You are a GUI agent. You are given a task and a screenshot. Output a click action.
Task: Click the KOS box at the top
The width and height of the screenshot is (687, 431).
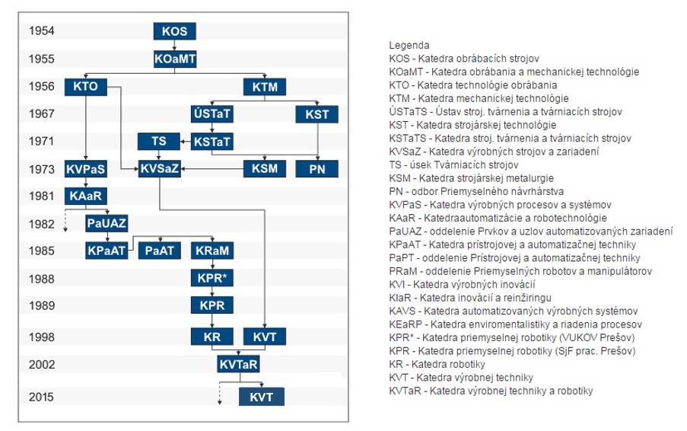pos(174,31)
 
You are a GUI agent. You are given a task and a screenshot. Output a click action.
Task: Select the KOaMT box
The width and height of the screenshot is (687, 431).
pos(175,59)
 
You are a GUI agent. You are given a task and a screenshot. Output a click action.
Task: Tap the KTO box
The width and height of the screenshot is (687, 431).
pos(85,86)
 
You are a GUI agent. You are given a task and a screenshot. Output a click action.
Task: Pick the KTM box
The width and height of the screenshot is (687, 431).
pos(265,87)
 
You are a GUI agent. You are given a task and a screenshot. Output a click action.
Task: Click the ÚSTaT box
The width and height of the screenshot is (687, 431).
pos(212,114)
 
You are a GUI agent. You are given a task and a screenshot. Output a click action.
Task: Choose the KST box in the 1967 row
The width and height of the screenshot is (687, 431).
pos(316,114)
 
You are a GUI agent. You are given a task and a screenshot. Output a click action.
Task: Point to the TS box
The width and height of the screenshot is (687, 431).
pos(158,141)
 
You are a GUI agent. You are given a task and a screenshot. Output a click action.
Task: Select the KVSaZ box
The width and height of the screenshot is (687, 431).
pos(160,169)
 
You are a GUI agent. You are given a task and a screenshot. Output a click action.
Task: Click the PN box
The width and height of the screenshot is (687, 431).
pos(316,169)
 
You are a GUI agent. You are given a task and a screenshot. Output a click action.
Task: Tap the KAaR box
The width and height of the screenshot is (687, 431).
pos(85,196)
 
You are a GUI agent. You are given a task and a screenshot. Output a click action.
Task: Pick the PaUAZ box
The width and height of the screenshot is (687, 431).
pos(107,223)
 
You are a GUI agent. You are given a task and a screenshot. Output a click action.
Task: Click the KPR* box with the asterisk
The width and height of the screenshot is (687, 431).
pos(212,278)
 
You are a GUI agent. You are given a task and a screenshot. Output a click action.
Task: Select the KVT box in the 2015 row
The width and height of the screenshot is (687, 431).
pos(262,397)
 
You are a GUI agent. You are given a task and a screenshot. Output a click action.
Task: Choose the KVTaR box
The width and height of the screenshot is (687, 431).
pos(238,364)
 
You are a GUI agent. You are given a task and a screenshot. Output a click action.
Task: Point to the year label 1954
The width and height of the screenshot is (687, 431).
pos(41,30)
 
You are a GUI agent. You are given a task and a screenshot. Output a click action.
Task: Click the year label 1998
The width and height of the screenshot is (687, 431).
pos(41,337)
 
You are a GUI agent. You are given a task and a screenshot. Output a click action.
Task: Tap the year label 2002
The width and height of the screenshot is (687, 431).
pos(42,364)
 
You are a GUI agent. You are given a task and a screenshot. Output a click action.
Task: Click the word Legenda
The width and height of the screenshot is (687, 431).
pos(409,45)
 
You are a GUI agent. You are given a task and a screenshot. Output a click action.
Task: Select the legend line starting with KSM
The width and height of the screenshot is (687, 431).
pos(472,178)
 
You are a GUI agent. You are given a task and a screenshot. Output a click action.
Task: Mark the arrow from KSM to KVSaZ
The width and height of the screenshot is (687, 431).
pos(212,169)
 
